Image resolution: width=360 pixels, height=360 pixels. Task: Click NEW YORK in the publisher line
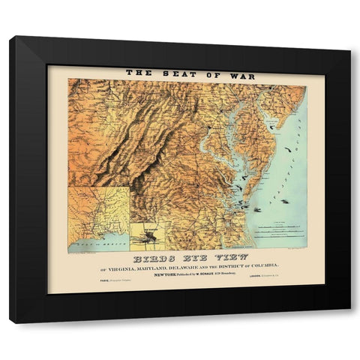[166, 274]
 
